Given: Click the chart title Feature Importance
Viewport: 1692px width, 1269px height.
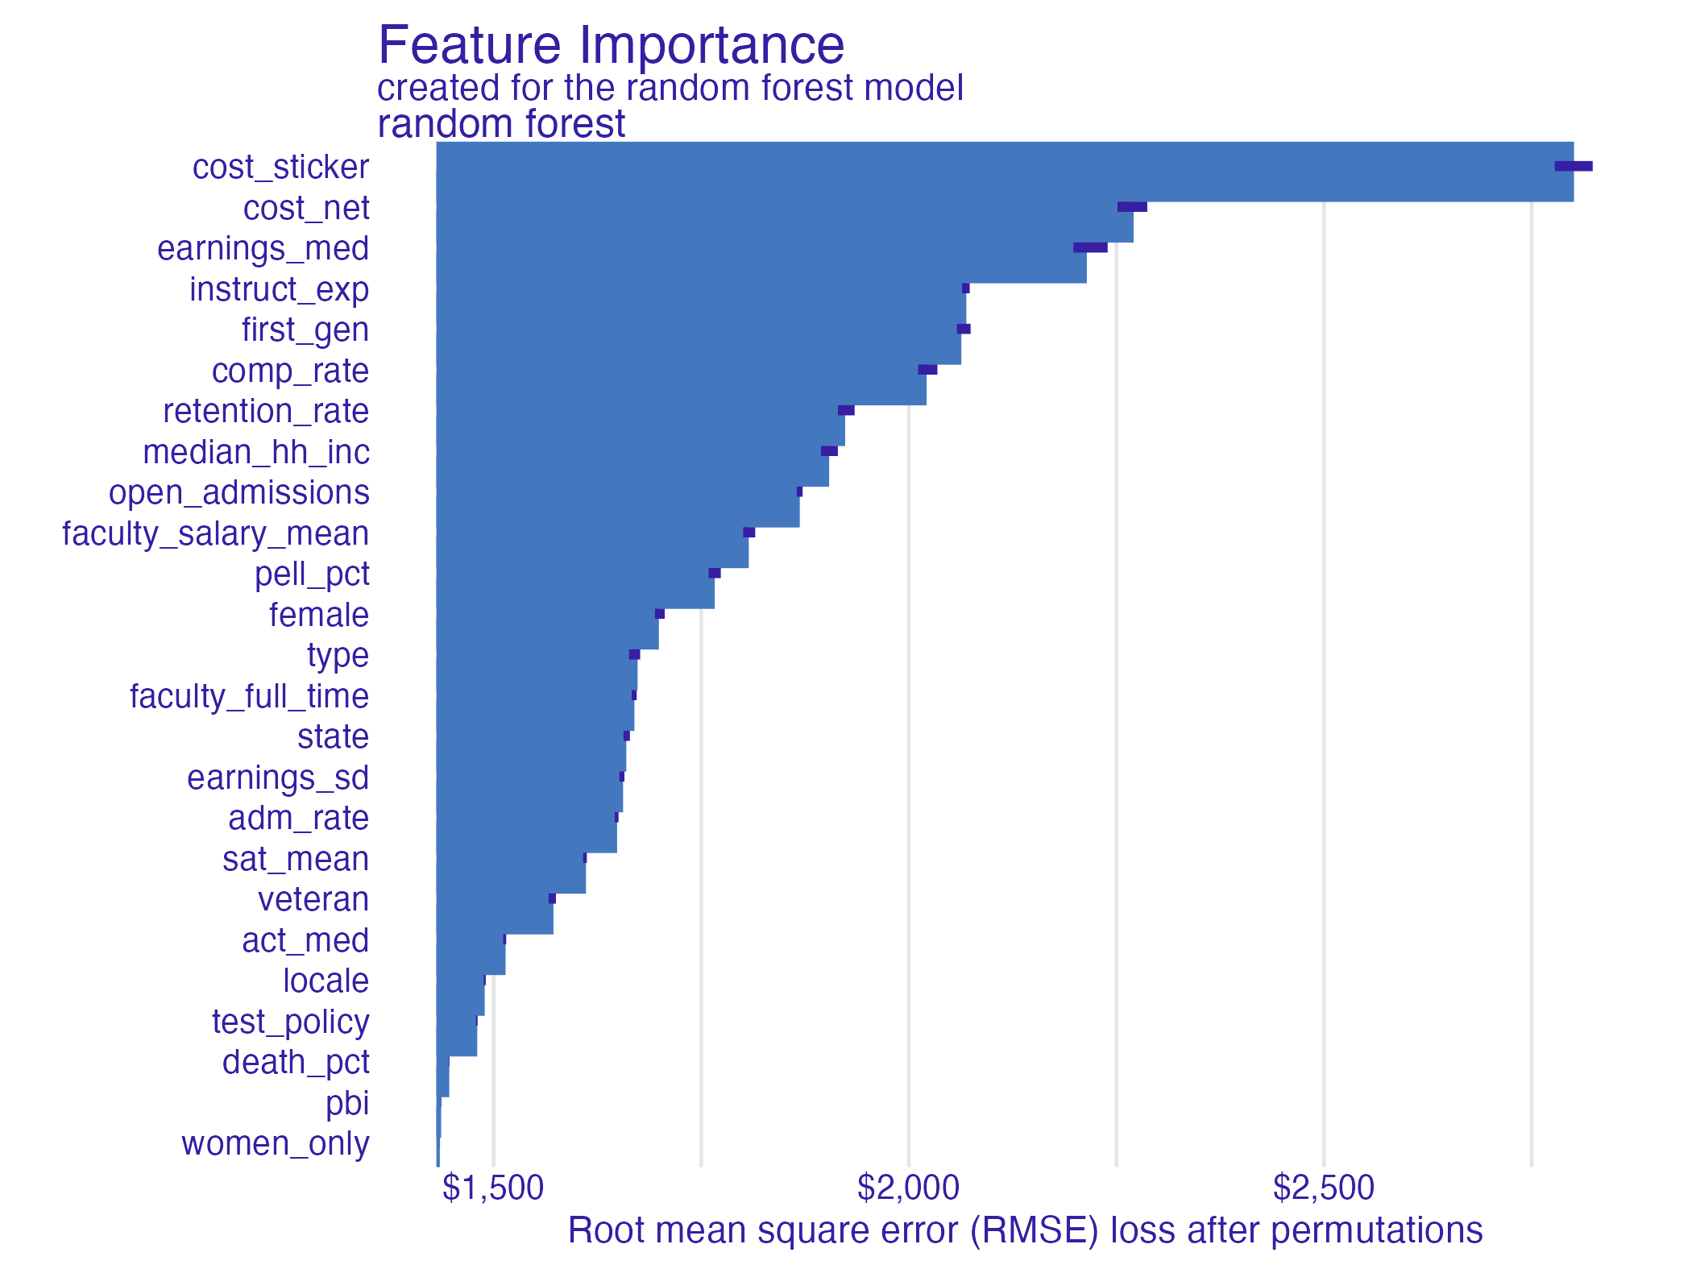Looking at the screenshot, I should click(x=611, y=45).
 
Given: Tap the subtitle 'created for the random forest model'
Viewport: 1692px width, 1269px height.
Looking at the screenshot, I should click(x=670, y=88).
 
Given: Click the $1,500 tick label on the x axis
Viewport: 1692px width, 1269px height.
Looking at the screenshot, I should click(x=493, y=1188).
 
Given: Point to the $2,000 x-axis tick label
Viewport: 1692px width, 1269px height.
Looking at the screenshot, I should click(x=908, y=1188).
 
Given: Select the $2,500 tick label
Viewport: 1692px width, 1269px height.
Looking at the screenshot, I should click(x=1323, y=1188).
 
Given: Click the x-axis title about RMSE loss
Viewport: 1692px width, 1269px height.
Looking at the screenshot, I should click(x=1025, y=1231).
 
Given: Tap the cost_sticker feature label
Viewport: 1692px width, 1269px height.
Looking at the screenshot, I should click(x=280, y=168).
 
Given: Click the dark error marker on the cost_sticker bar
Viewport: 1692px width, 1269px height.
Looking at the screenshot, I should click(x=1573, y=167).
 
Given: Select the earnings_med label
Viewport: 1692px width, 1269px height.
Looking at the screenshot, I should click(x=263, y=249).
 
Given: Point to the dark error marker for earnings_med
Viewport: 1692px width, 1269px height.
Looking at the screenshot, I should click(x=1089, y=248).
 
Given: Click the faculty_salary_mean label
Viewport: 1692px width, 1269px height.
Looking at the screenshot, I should click(x=215, y=534).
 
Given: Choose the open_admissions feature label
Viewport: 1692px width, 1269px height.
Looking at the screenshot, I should click(x=238, y=493).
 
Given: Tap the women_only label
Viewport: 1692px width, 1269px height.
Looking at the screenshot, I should click(x=275, y=1144).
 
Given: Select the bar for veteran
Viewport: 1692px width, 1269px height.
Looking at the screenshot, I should click(x=494, y=914).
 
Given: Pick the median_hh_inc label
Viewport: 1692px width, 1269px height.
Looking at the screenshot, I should click(x=255, y=453).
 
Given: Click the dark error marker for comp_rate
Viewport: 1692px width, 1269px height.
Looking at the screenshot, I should click(x=927, y=370).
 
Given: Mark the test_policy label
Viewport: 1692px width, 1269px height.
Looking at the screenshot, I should click(x=290, y=1022).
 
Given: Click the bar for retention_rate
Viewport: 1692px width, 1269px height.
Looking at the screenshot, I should click(x=640, y=425).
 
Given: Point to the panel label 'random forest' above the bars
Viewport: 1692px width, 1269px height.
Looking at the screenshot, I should click(x=500, y=125).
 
